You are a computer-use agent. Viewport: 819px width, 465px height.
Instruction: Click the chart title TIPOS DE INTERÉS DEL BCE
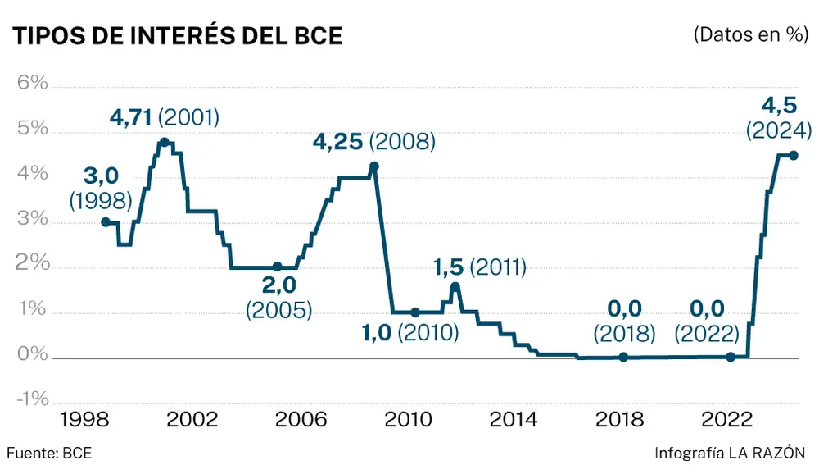[x=175, y=36]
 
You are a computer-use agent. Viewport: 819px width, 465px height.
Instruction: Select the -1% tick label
[x=29, y=399]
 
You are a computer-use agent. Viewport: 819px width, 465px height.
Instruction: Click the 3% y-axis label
[x=29, y=222]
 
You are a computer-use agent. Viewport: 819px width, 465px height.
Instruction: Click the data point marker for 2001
[x=164, y=143]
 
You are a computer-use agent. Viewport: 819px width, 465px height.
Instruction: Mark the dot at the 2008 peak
[x=374, y=166]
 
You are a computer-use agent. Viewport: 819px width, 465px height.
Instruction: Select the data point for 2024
[x=793, y=155]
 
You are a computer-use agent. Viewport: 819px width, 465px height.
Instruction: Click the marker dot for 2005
[x=277, y=267]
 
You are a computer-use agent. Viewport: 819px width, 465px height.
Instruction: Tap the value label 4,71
[x=131, y=117]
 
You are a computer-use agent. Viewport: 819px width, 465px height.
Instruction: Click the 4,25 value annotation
[x=338, y=142]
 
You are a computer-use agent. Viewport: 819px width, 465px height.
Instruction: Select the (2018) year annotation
[x=625, y=333]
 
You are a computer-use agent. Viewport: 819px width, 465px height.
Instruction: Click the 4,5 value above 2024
[x=778, y=106]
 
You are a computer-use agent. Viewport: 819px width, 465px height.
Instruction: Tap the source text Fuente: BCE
[x=49, y=452]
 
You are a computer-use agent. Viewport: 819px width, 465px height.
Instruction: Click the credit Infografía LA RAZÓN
[x=730, y=452]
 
